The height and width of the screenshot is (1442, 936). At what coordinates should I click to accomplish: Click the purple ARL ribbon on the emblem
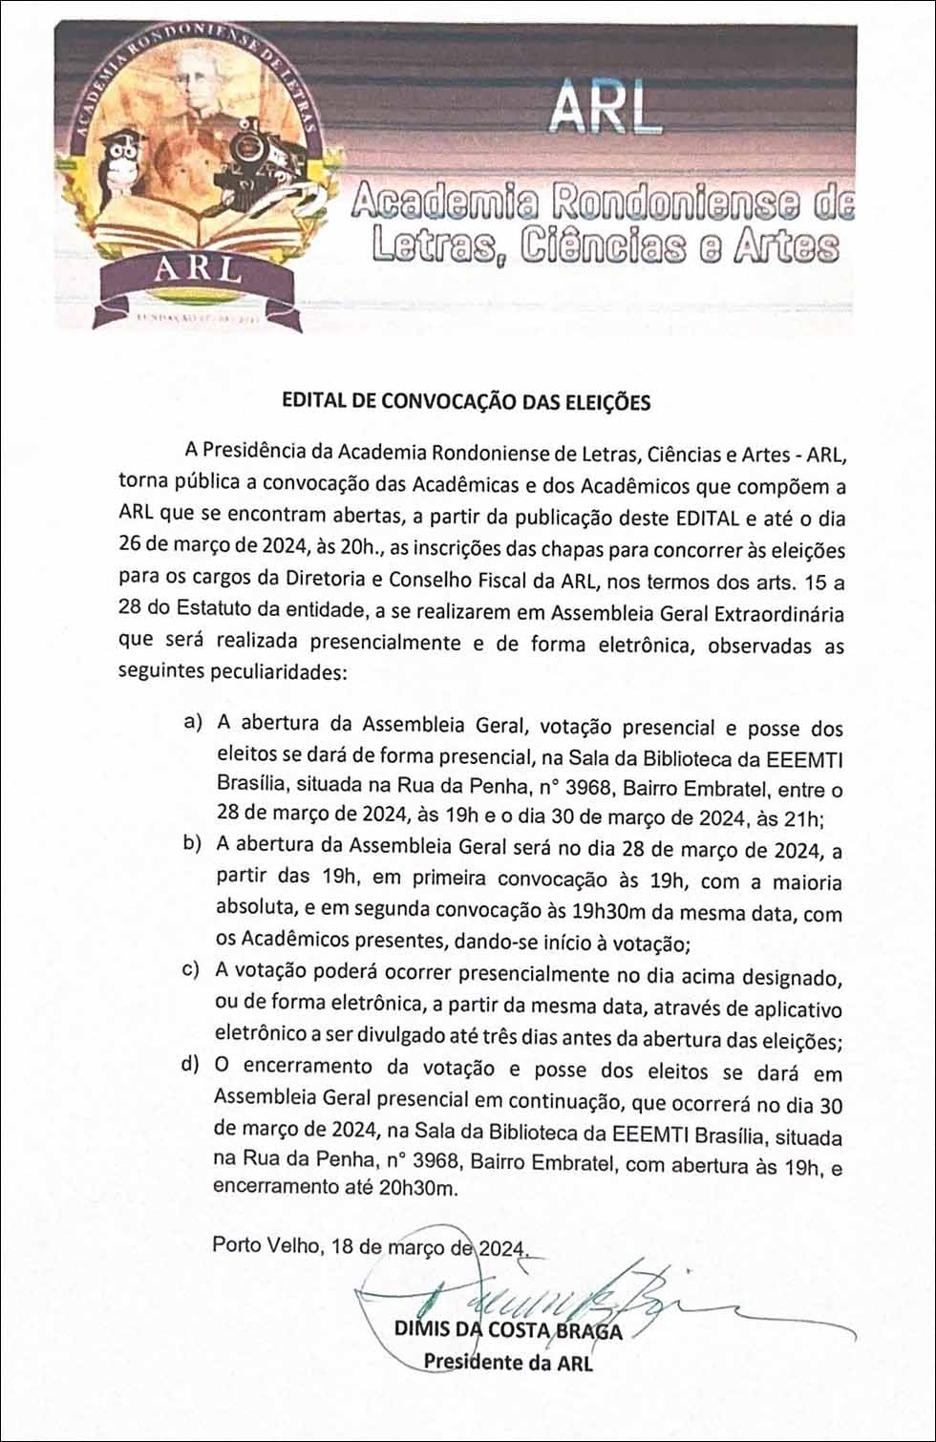click(200, 270)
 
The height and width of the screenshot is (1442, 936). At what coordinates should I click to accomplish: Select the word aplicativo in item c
click(798, 1008)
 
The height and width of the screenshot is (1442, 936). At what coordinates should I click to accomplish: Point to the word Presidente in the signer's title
click(473, 1362)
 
